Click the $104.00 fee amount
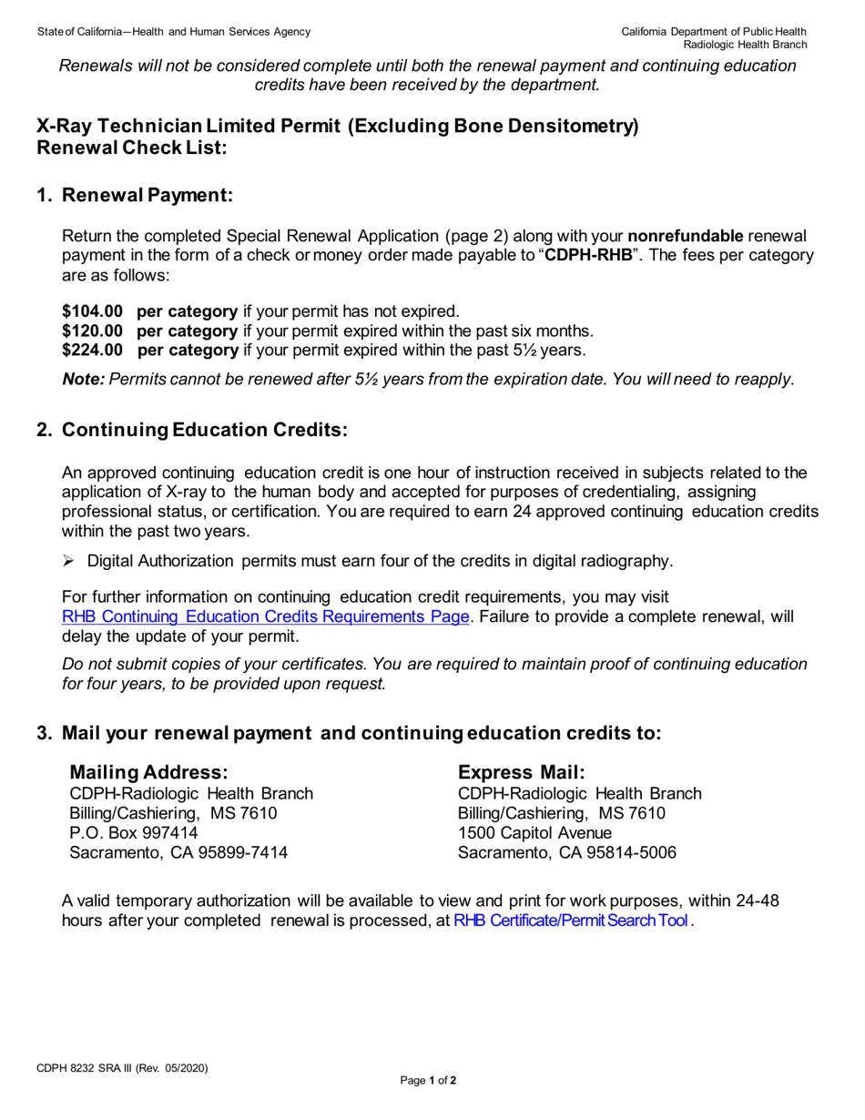(x=92, y=311)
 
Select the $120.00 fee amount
(x=92, y=331)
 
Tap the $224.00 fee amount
(x=92, y=350)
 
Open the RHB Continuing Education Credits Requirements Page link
(x=266, y=616)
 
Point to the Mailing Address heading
(x=143, y=772)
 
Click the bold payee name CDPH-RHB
(x=587, y=255)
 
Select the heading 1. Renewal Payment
(x=135, y=195)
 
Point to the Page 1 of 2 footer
(x=428, y=1081)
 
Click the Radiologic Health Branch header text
(x=746, y=45)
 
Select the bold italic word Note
(x=83, y=380)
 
